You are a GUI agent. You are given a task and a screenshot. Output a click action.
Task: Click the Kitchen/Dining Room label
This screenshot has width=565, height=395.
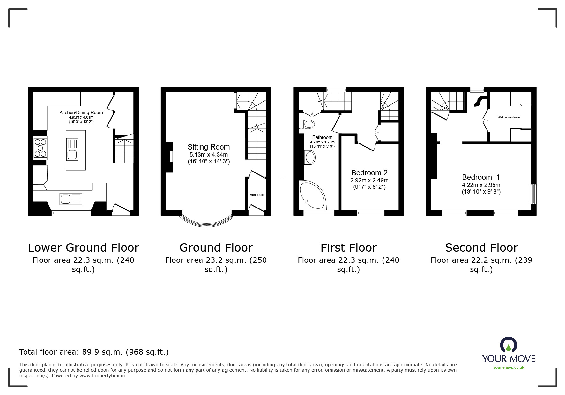click(x=81, y=113)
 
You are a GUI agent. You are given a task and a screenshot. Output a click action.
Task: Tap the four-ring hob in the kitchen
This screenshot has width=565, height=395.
click(x=40, y=148)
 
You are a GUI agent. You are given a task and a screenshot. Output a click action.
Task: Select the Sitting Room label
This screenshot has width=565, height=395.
click(x=209, y=147)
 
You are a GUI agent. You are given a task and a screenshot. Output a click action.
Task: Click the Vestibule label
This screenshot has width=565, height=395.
click(x=257, y=195)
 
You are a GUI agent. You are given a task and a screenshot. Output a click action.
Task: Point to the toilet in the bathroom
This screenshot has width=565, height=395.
click(x=307, y=124)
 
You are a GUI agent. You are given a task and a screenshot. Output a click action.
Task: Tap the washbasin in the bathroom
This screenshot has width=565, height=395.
click(x=310, y=157)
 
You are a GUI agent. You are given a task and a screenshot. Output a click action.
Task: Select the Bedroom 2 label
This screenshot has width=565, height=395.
click(x=369, y=173)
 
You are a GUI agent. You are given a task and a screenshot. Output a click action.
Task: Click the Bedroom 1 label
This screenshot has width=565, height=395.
click(x=481, y=177)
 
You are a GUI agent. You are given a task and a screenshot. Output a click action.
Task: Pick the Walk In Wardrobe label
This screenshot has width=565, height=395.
click(x=509, y=117)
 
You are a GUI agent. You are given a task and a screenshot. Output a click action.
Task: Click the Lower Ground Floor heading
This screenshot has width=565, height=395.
click(x=84, y=248)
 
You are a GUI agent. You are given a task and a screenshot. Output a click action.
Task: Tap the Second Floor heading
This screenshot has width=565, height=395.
click(x=481, y=248)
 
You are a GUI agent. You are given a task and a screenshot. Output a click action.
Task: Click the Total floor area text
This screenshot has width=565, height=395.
click(x=94, y=352)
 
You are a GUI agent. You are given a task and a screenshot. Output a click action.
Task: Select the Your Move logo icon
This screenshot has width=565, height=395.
click(x=508, y=345)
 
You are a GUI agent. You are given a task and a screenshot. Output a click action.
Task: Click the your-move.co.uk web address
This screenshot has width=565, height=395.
click(x=509, y=368)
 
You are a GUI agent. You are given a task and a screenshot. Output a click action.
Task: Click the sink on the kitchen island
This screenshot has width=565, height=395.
click(x=72, y=149)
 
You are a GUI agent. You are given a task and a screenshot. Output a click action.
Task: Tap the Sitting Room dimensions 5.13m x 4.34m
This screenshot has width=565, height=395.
click(x=209, y=155)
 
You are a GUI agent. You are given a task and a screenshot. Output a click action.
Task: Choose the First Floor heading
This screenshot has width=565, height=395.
click(x=349, y=248)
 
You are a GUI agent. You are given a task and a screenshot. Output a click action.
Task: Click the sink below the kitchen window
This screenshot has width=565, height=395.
click(x=71, y=199)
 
